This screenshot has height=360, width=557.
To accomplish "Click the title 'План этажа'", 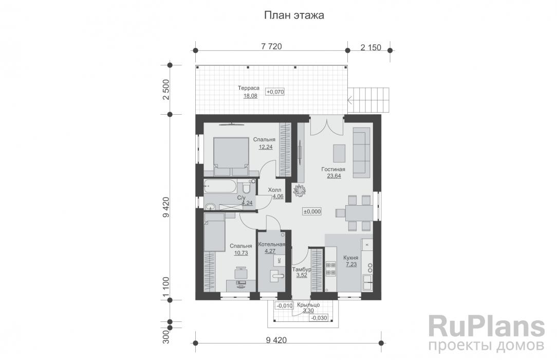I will click(294, 15).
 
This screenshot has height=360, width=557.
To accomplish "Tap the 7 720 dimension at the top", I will click(271, 47).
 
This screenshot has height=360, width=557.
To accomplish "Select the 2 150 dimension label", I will click(370, 47).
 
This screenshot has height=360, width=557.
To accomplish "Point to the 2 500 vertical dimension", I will click(166, 89).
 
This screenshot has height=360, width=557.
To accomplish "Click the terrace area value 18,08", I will click(250, 95).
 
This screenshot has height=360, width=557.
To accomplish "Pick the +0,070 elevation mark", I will click(275, 92).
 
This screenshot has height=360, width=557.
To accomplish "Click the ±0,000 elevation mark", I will click(312, 211).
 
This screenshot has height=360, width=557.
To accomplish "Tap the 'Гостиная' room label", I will click(333, 169).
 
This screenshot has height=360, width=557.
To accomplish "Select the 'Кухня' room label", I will click(351, 258).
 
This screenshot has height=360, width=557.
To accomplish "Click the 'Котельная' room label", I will click(271, 244).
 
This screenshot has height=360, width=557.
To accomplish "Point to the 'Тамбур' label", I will click(301, 269).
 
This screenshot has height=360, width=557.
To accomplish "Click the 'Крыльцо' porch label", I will click(308, 304).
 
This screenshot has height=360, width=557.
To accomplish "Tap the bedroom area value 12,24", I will click(265, 147).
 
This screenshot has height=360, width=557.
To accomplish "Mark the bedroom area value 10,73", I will click(240, 253).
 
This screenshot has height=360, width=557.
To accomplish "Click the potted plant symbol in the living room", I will click(299, 190).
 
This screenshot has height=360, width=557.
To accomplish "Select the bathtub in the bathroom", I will click(221, 186).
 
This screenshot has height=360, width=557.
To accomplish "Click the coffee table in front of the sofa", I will click(340, 153).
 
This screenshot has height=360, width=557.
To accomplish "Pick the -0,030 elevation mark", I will click(319, 317).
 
